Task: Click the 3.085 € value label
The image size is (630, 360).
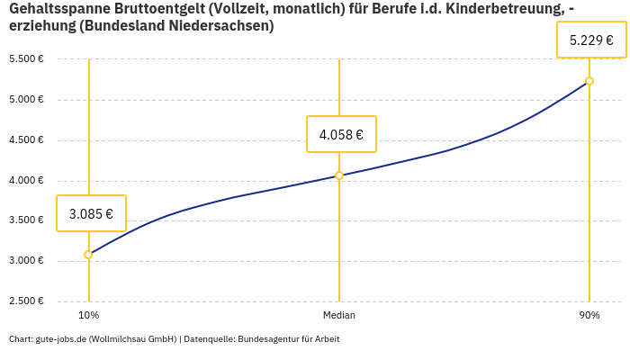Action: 91,213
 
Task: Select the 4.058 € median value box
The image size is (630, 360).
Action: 341,134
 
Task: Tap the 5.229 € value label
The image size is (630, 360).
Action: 591,40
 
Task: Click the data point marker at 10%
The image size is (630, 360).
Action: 88,255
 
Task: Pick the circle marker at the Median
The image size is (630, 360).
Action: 339,175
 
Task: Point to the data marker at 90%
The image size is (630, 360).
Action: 589,81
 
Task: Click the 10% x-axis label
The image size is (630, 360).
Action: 89,315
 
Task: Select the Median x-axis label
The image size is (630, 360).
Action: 339,315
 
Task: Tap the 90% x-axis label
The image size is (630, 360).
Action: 589,315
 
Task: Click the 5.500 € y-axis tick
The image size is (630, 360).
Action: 26,59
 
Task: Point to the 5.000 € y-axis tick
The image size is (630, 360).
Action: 26,100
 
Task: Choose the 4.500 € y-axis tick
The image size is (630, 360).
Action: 26,140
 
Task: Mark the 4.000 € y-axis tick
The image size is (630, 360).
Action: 26,181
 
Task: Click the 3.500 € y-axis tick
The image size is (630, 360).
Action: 26,220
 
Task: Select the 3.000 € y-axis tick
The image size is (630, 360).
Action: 26,261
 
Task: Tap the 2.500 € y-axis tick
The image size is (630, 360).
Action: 26,301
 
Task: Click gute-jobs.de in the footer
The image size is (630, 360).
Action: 60,339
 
